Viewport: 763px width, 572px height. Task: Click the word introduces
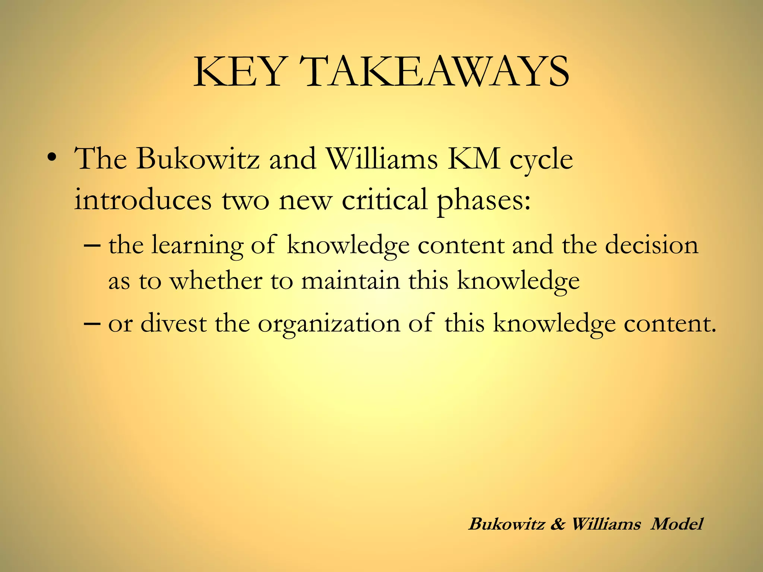143,199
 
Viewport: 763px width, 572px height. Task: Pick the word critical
384,199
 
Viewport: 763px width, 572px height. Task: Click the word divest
173,323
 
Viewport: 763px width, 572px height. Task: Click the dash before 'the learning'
92,246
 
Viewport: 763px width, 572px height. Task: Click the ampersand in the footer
557,524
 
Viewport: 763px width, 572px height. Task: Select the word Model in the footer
677,524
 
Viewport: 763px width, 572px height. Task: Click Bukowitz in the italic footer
507,524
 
